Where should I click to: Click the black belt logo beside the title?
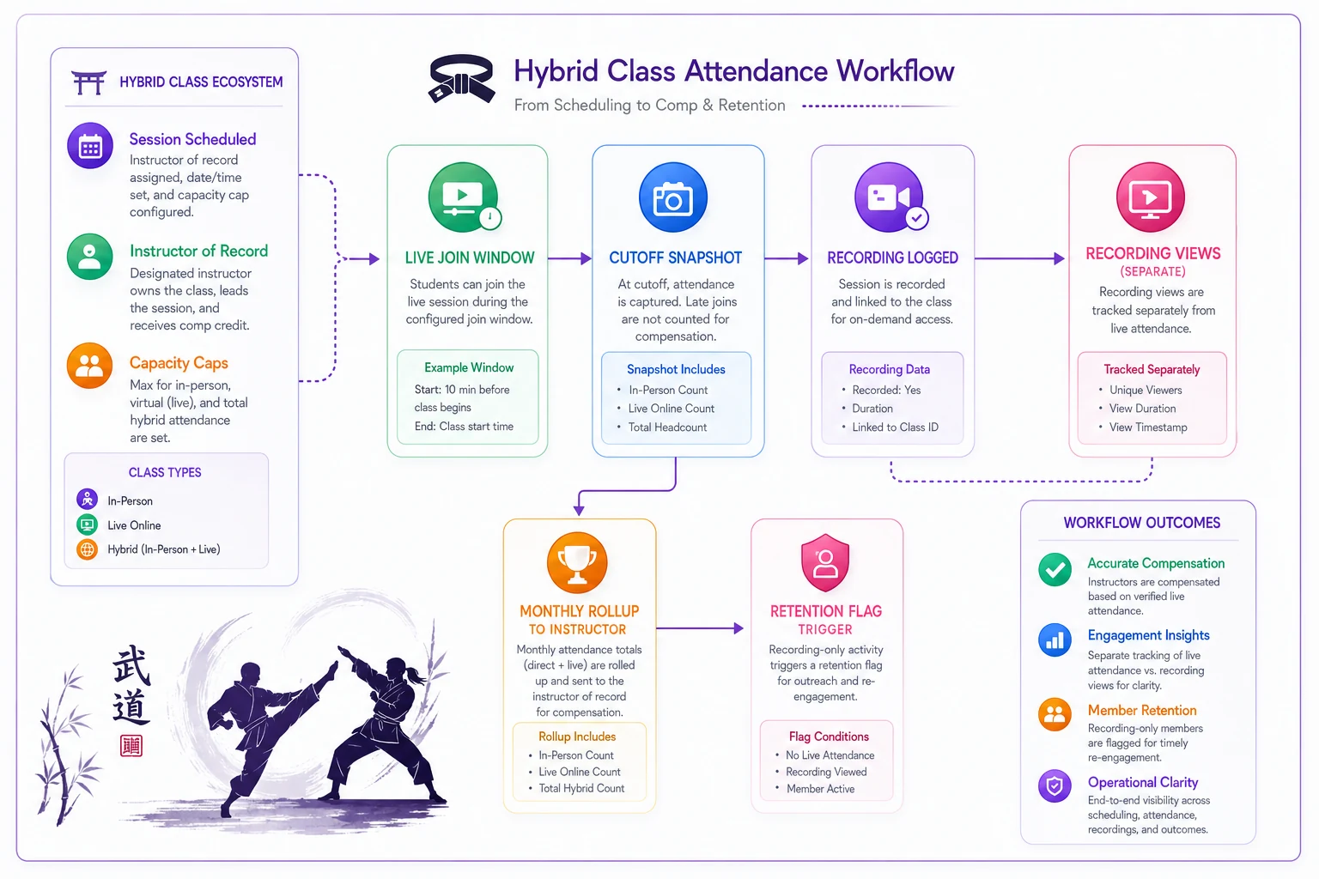[462, 78]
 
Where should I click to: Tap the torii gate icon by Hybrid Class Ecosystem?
[88, 82]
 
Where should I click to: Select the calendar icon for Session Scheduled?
[90, 146]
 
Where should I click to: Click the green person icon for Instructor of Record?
[89, 257]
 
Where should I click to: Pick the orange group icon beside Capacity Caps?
[89, 366]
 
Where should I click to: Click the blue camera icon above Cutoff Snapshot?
[673, 197]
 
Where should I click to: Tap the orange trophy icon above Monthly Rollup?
[577, 562]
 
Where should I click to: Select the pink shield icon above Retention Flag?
[825, 562]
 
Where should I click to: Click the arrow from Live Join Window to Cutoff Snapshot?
[569, 258]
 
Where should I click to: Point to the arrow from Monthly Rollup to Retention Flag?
[700, 628]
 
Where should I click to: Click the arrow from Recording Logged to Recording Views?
[1019, 258]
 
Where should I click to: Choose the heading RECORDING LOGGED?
[893, 258]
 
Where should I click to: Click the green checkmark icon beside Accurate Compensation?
[1055, 570]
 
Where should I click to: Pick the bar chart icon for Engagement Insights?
[1055, 640]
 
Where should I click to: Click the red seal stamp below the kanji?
[131, 746]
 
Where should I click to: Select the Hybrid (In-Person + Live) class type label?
[164, 549]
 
